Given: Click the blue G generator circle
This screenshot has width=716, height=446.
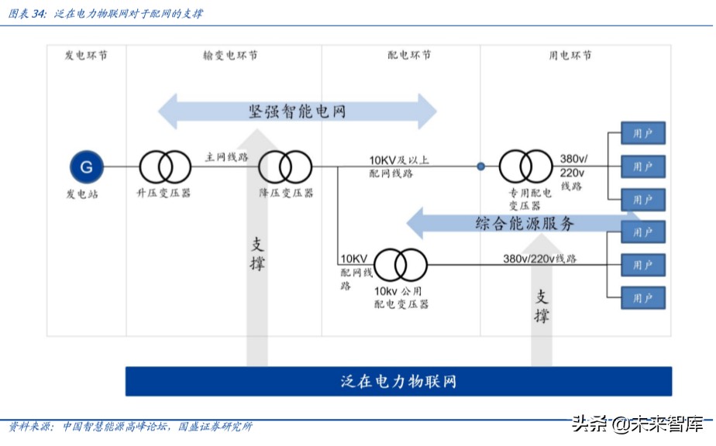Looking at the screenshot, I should [86, 166].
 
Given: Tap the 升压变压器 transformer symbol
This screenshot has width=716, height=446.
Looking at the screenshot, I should [164, 166].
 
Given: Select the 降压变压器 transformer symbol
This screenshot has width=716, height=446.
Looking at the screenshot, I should [284, 166].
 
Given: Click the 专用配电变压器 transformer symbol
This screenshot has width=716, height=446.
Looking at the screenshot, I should [525, 166].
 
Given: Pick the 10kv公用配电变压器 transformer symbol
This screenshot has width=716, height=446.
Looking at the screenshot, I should [399, 265].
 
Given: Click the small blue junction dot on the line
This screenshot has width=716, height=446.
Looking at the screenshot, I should [480, 166].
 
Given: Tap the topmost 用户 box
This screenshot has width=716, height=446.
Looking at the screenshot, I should [642, 134].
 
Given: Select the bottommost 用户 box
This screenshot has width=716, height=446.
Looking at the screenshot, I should [642, 297].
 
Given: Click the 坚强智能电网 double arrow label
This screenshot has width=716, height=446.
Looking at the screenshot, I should [298, 111].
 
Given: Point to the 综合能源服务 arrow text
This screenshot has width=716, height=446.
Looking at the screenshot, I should [525, 224].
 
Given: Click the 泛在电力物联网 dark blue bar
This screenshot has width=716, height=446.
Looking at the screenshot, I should [398, 381].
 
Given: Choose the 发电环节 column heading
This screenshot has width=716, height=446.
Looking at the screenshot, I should [86, 56].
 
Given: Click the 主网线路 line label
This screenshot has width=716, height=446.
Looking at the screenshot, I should [225, 156].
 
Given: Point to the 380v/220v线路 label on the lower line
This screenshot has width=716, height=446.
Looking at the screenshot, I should [539, 259].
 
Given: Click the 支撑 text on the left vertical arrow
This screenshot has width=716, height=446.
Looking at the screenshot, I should [257, 253].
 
